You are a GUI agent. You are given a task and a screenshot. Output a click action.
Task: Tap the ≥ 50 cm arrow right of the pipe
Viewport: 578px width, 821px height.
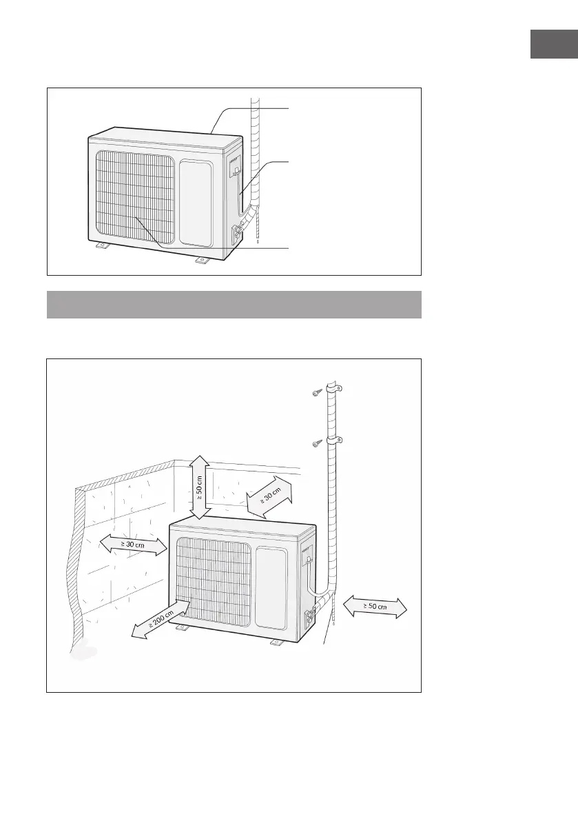[375, 607]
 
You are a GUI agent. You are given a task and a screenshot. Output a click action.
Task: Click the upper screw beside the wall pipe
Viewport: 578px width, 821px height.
[316, 392]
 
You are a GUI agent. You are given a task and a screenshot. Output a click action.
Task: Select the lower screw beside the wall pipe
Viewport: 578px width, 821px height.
[316, 442]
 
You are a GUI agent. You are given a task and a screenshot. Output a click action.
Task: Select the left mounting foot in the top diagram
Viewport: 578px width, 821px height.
[101, 246]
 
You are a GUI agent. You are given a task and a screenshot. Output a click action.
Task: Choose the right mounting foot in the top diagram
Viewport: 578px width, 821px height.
[202, 260]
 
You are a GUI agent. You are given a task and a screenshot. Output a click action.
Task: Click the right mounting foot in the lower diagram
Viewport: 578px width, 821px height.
[277, 642]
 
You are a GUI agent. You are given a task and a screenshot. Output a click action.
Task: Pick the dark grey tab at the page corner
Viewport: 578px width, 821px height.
[553, 44]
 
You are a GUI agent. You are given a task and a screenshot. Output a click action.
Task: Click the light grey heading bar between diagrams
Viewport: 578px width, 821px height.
[234, 304]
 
